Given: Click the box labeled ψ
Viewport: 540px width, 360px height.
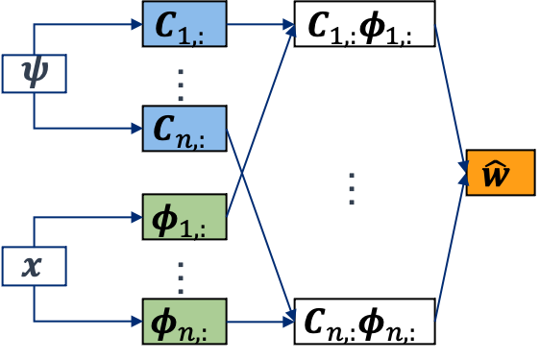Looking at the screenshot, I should [x=35, y=74].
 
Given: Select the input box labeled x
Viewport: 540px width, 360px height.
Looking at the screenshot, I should [x=35, y=266].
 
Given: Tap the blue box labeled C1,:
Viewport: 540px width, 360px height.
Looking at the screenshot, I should [x=184, y=25].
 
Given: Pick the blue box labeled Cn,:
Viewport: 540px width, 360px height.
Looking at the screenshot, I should [x=184, y=127].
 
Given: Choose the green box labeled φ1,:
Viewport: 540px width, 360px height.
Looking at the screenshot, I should [x=184, y=216].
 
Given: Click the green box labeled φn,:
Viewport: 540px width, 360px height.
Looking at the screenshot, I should [x=184, y=320].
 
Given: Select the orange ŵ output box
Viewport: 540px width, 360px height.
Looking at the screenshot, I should [x=500, y=172].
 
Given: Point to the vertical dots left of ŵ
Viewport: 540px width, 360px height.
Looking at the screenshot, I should [x=352, y=189].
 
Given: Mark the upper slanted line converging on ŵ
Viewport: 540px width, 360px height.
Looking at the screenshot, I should [x=450, y=91].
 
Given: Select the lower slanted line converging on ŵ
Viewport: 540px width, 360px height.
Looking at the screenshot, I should [x=450, y=254].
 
